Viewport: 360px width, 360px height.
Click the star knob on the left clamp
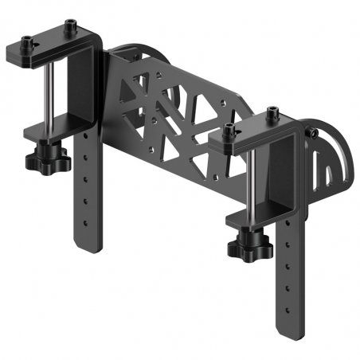[x=40, y=163]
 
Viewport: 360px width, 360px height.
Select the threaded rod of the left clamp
[x=50, y=95]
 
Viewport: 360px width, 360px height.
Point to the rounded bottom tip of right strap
[x=288, y=335]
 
